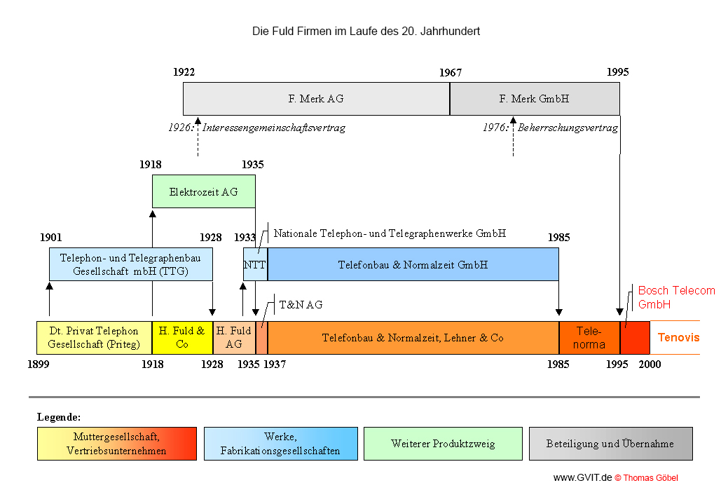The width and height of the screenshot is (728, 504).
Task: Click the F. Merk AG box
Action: [x=316, y=99]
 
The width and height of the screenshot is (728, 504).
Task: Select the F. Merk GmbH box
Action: [x=534, y=99]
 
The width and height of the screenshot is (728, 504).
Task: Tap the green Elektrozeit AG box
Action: [x=203, y=191]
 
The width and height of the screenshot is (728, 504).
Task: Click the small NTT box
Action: [x=255, y=265]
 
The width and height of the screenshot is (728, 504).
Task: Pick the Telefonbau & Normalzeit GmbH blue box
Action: [x=413, y=265]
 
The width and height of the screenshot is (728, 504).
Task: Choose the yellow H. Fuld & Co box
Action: [x=182, y=338]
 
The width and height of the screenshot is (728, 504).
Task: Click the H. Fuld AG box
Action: [x=233, y=338]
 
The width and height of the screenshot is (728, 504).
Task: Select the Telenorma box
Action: [x=589, y=338]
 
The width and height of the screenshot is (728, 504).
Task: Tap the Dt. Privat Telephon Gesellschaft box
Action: [x=94, y=338]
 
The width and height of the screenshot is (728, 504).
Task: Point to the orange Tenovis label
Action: [x=678, y=338]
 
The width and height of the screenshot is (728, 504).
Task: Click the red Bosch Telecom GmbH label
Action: [x=676, y=297]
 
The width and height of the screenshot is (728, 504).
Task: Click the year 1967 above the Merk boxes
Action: [x=451, y=72]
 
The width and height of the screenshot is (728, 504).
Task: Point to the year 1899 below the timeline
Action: [x=39, y=365]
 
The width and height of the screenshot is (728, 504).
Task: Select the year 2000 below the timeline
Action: [x=650, y=365]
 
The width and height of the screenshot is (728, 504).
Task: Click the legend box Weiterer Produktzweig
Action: [x=443, y=444]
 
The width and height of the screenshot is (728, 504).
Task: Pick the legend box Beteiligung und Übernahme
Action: [x=610, y=444]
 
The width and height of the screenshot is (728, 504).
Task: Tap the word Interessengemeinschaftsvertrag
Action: [x=274, y=128]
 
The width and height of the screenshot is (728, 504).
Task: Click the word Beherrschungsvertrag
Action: [x=568, y=128]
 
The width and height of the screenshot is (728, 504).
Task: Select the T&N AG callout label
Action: [x=301, y=305]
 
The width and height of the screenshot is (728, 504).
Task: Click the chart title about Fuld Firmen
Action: [x=366, y=32]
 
